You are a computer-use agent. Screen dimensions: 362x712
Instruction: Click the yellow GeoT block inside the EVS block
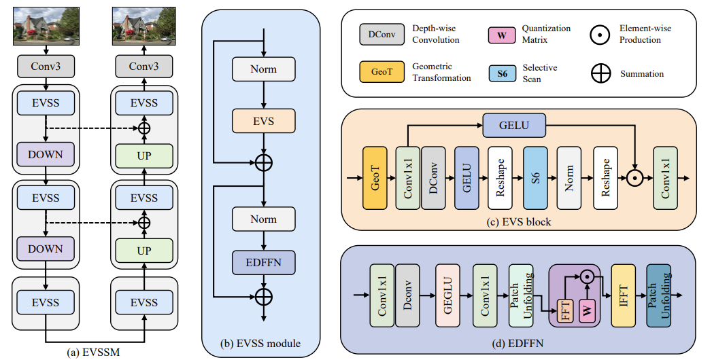click(375, 178)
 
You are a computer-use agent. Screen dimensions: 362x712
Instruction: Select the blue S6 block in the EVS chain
click(535, 178)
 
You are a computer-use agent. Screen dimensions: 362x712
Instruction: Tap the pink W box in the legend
click(501, 35)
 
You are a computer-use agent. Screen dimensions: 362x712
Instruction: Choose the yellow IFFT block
click(624, 296)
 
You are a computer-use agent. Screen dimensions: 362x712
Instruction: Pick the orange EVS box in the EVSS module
click(264, 122)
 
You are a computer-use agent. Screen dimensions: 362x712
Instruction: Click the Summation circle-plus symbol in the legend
click(601, 74)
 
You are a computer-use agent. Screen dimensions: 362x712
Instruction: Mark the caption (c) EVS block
click(518, 223)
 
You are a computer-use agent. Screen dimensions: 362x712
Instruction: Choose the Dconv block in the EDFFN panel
click(407, 296)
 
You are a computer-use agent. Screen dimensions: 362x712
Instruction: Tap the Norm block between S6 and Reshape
click(570, 178)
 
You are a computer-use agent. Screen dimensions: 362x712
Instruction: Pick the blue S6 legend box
click(502, 73)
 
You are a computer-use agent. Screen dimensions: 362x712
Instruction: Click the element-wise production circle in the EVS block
click(634, 178)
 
